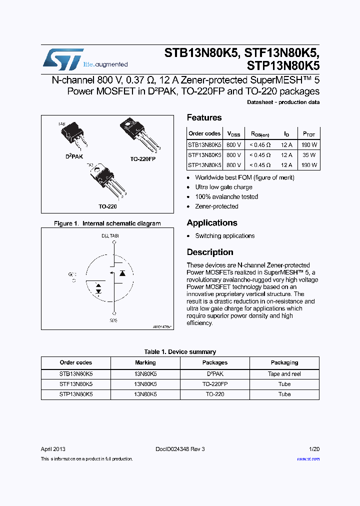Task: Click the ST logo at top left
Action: click(x=63, y=59)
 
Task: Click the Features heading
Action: click(x=204, y=118)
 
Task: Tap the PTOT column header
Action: click(x=309, y=134)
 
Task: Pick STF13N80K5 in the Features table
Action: click(x=204, y=155)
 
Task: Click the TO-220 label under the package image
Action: click(x=107, y=206)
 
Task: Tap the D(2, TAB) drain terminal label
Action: click(x=110, y=235)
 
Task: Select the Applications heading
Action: click(x=212, y=223)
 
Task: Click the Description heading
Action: click(x=210, y=252)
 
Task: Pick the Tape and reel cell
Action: click(x=284, y=374)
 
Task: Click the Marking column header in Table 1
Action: click(x=145, y=362)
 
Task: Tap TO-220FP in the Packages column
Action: click(x=215, y=384)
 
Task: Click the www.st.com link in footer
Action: click(x=308, y=458)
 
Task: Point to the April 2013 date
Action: click(x=53, y=449)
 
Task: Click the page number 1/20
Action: click(x=314, y=449)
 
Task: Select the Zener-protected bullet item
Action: click(x=216, y=206)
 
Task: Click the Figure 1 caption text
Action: click(x=107, y=223)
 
